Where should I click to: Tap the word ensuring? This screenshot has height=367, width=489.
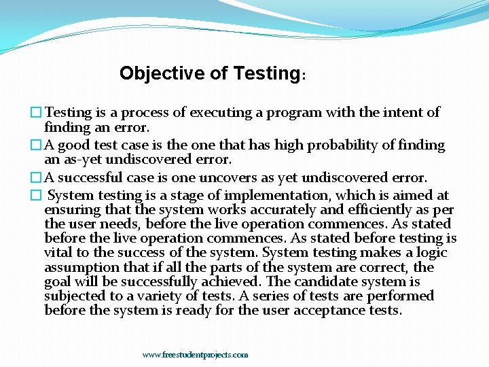coord(71,210)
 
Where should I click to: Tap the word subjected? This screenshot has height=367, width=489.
coord(73,296)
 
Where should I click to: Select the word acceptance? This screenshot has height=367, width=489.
coord(308,311)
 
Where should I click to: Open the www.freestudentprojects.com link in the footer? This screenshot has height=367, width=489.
coord(195,355)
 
